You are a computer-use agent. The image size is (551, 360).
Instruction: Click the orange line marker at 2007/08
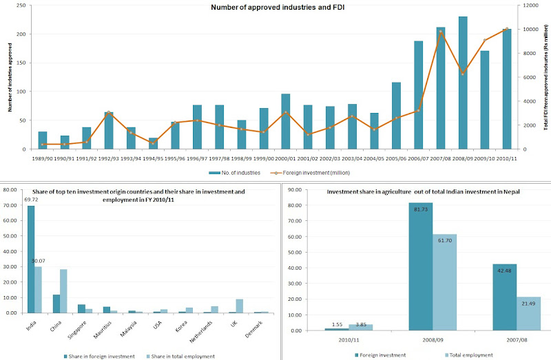click(440, 32)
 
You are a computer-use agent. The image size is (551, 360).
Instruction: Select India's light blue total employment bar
click(37, 290)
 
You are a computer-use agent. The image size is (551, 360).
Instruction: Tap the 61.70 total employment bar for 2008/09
click(444, 282)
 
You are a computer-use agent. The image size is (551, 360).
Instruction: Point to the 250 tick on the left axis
click(23, 6)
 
